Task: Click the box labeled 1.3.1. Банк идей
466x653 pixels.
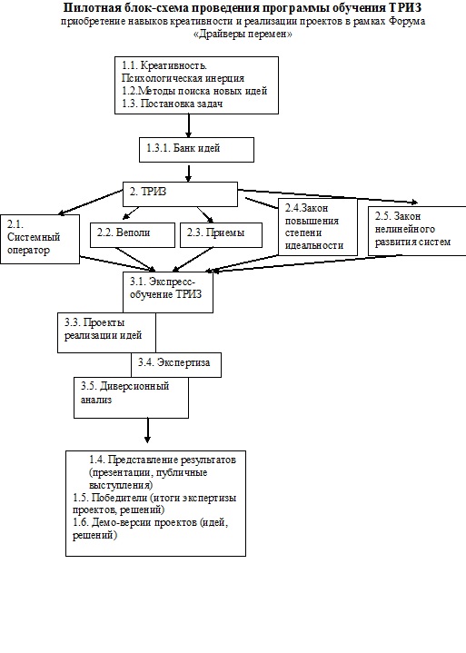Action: point(196,150)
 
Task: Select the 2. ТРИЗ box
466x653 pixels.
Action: point(180,194)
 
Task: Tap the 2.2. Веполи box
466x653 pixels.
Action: point(133,235)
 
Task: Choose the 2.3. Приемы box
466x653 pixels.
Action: point(221,235)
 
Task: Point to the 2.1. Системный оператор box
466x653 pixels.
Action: point(40,239)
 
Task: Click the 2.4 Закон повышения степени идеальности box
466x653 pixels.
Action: point(318,226)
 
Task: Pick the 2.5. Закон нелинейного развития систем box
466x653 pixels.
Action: point(417,231)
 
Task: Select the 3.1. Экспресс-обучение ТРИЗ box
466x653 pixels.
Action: point(168,292)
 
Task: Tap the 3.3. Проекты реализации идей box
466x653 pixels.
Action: point(106,332)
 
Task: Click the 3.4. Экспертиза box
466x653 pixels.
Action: point(176,365)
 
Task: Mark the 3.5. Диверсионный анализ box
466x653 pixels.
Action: point(131,398)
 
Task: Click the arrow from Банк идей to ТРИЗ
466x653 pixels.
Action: point(189,173)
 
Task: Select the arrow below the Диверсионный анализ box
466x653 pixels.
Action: point(147,430)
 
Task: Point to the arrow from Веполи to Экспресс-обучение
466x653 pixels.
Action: point(135,260)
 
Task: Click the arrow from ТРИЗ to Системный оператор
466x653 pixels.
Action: point(90,203)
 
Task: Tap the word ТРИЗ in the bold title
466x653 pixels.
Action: point(407,7)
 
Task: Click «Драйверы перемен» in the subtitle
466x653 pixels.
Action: point(243,35)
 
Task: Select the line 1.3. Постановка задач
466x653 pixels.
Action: point(173,104)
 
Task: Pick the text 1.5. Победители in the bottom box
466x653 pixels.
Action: point(110,498)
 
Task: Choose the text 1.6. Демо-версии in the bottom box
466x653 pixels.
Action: point(112,522)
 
